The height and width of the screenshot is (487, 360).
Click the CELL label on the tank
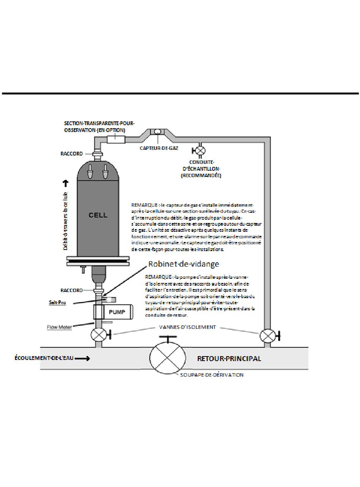[98, 215]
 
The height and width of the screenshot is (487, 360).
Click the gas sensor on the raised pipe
[157, 132]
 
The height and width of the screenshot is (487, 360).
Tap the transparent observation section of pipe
[116, 139]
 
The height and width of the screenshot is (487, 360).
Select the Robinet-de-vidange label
[178, 264]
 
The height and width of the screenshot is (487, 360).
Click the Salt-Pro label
[57, 303]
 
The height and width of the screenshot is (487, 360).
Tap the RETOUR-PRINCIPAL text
[229, 358]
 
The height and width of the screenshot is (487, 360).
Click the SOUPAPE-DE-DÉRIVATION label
[212, 375]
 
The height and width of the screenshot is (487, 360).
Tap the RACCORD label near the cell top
[72, 154]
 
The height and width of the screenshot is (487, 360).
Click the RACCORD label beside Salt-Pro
[72, 290]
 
